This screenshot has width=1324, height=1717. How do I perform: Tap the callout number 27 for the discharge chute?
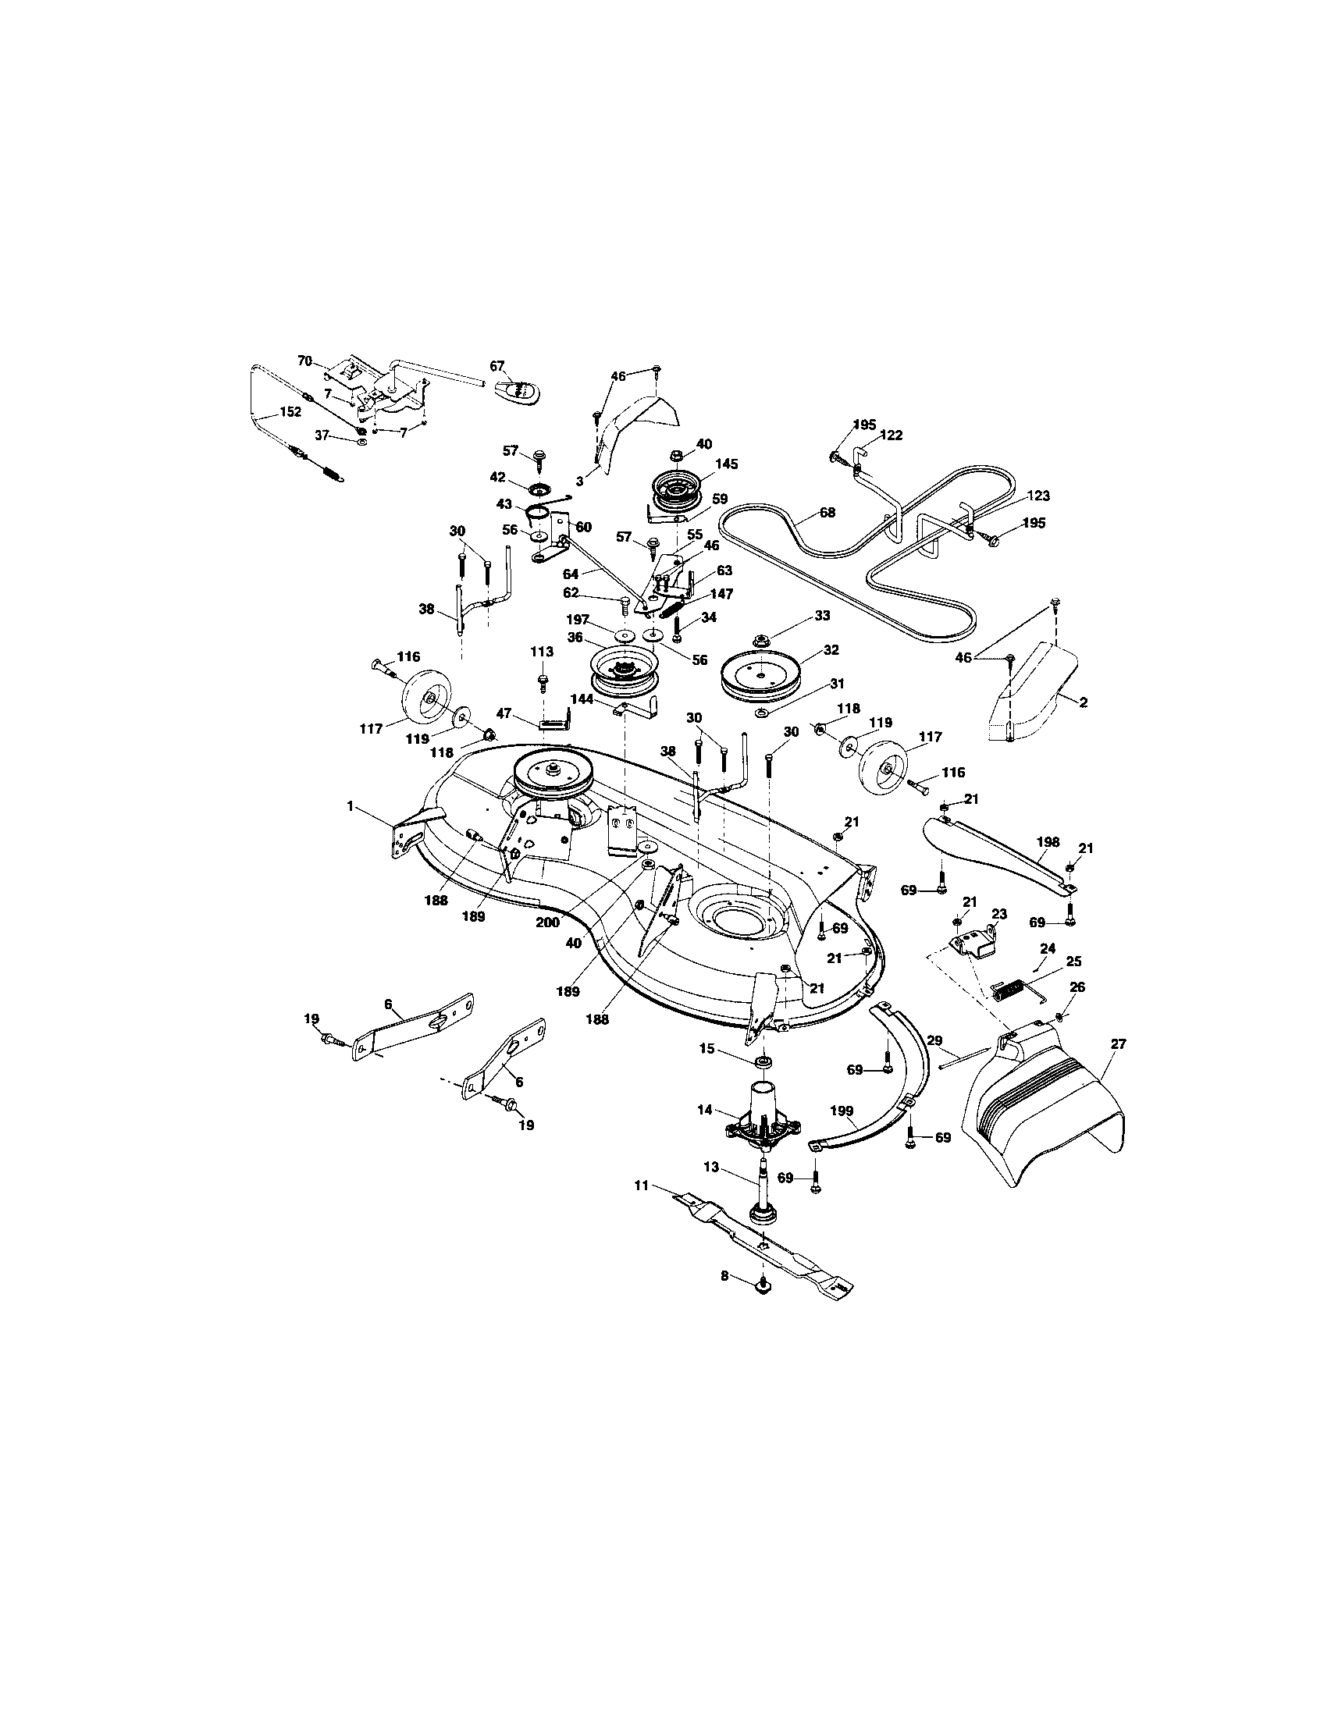pos(1118,1044)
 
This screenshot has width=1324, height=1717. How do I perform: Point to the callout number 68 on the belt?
pos(826,513)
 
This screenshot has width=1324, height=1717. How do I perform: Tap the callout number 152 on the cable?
pos(290,411)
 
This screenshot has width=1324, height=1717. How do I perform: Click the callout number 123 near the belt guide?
pos(1037,496)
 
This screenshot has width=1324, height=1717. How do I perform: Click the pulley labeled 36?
pos(619,672)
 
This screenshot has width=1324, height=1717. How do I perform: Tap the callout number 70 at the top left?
pos(305,361)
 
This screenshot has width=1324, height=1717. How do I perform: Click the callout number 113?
pos(542,652)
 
